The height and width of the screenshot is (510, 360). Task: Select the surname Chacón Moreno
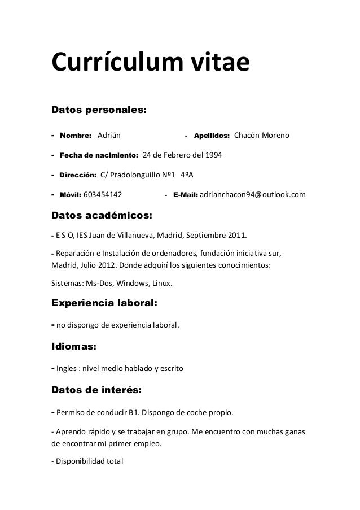pyautogui.click(x=261, y=136)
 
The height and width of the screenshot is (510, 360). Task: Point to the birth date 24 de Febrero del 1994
pyautogui.click(x=182, y=155)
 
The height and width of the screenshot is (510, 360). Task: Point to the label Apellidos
pyautogui.click(x=212, y=136)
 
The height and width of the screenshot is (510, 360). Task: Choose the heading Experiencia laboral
pyautogui.click(x=104, y=303)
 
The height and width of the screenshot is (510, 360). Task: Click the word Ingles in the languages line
pyautogui.click(x=65, y=369)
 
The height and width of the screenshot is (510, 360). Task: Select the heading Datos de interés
pyautogui.click(x=96, y=390)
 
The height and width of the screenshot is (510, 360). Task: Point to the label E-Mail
pyautogui.click(x=186, y=195)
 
